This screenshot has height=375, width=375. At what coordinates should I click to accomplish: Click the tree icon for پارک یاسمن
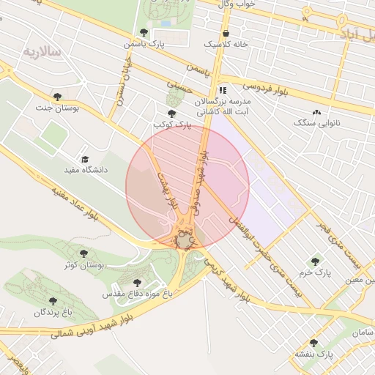144,32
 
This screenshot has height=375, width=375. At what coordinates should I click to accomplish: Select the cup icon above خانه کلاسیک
226,33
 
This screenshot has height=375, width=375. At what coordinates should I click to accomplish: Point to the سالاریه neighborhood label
40,52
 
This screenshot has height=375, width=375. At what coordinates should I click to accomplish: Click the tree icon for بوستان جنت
57,97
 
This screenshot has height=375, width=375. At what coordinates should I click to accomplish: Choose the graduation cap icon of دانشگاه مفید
84,159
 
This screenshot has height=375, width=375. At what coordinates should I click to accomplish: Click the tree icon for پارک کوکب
171,114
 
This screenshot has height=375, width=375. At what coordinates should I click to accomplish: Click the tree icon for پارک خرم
315,261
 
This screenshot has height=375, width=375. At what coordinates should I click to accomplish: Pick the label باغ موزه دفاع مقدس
137,294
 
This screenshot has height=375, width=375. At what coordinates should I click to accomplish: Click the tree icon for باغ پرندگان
52,301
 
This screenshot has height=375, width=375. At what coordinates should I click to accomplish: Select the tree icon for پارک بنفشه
313,343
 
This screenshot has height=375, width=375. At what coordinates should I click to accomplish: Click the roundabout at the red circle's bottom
183,241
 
